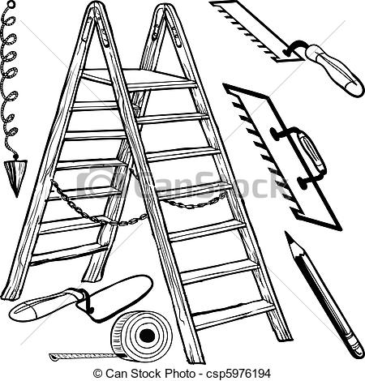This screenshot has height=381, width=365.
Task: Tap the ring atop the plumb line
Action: pos(11,4)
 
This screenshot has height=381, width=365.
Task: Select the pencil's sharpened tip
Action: pos(289,236)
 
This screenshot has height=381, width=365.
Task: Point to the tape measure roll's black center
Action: pos(148,336)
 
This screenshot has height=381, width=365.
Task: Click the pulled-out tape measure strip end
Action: pos(53,356)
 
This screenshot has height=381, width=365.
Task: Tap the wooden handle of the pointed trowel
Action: pos(43,306)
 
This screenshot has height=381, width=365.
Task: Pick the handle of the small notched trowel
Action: pos(335,69)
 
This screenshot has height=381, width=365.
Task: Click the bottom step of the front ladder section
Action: pos(233,314)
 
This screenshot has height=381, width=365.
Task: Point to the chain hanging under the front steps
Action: pos(195,202)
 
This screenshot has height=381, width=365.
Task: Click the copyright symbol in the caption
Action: pos(97,374)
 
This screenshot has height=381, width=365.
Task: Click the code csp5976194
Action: pos(238,375)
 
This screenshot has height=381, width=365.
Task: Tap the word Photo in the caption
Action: pos(180,374)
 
